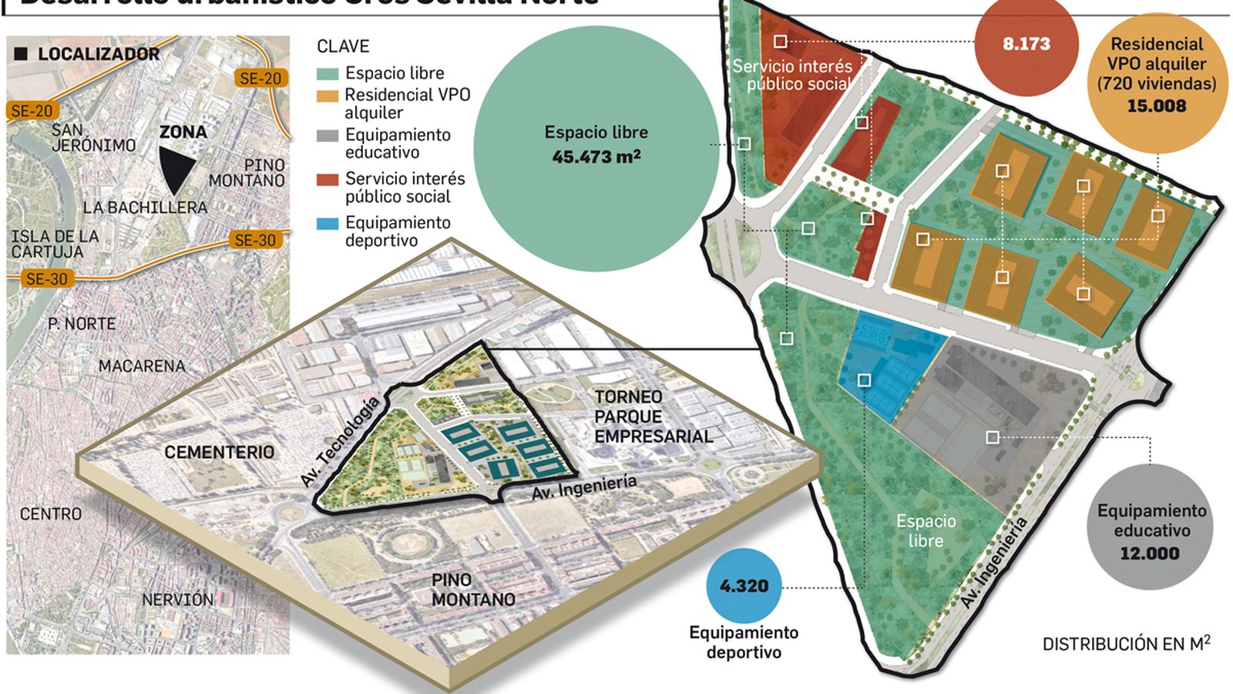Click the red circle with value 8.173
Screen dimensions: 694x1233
tap(1026, 44)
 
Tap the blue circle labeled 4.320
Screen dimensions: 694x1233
tap(744, 586)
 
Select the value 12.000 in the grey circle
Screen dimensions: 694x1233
tap(1149, 554)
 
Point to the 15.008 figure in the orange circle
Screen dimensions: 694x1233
tap(1156, 106)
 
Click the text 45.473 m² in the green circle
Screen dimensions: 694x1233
tap(596, 157)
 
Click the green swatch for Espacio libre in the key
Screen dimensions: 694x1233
tap(328, 74)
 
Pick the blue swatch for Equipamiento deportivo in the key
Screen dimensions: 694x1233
tap(328, 224)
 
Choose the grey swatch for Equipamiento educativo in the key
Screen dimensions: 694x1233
tap(328, 136)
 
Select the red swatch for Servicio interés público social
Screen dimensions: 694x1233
tap(328, 180)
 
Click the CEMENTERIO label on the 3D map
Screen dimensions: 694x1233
tap(219, 452)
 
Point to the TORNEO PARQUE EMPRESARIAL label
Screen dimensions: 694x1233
tap(653, 416)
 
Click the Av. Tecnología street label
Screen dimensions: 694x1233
tap(340, 442)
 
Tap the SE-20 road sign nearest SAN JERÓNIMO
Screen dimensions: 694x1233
tap(32, 111)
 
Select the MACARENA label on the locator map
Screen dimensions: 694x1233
tap(142, 366)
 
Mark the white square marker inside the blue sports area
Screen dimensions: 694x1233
tap(864, 380)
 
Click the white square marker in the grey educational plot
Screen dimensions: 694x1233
tap(993, 437)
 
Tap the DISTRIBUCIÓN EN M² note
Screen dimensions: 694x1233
tap(1125, 644)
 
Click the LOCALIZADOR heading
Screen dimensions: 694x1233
tap(98, 54)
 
